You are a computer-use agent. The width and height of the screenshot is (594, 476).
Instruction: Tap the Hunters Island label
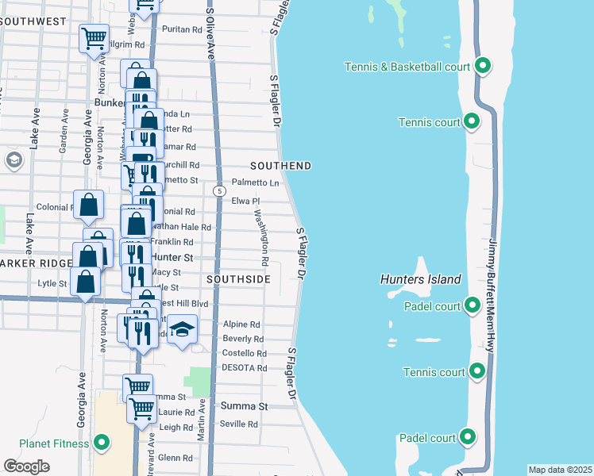420,279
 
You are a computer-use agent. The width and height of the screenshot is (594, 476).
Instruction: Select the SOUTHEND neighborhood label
280,166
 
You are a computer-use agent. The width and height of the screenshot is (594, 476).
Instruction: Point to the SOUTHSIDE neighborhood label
238,279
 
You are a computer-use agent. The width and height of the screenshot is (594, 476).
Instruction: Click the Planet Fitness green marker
102,443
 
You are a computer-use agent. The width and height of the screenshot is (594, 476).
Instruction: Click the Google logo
26,466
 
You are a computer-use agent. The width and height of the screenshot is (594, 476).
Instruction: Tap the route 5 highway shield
218,191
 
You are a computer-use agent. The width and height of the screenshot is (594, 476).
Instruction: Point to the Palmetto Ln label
255,182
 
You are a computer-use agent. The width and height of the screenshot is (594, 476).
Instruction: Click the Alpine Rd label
241,324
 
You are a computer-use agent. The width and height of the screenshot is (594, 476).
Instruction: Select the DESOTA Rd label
245,368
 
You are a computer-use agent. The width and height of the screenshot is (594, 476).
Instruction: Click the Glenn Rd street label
175,458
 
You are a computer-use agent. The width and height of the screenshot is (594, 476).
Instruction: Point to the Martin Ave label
202,420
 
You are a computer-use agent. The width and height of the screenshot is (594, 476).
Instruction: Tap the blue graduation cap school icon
182,329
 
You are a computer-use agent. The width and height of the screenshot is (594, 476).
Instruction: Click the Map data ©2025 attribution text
560,470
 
